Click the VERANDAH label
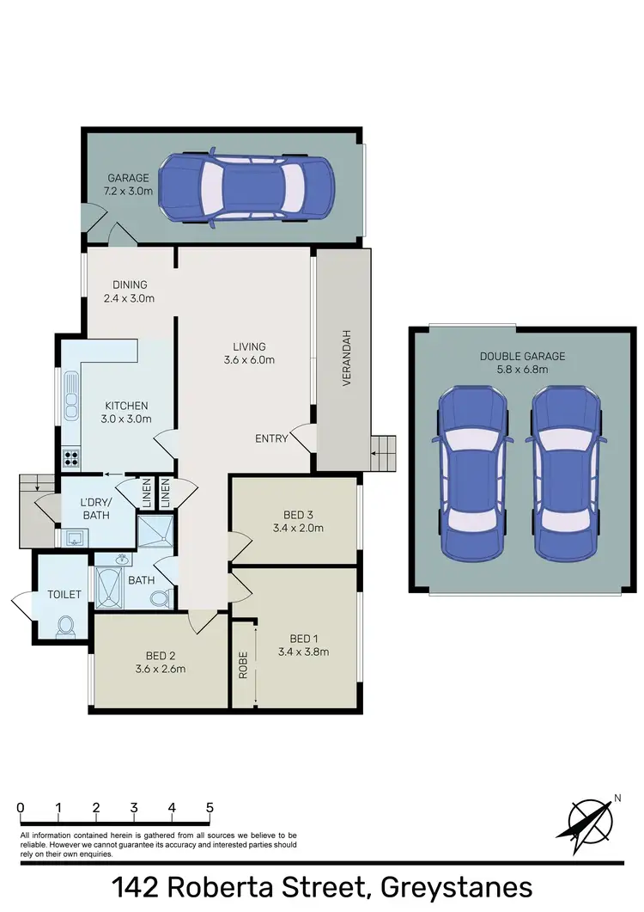[348, 358]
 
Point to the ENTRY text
[271, 438]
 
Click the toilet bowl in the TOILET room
[64, 627]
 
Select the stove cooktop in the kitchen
[70, 458]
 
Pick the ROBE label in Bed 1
[243, 665]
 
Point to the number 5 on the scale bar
[210, 808]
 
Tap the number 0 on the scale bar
[20, 808]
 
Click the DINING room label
[130, 285]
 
